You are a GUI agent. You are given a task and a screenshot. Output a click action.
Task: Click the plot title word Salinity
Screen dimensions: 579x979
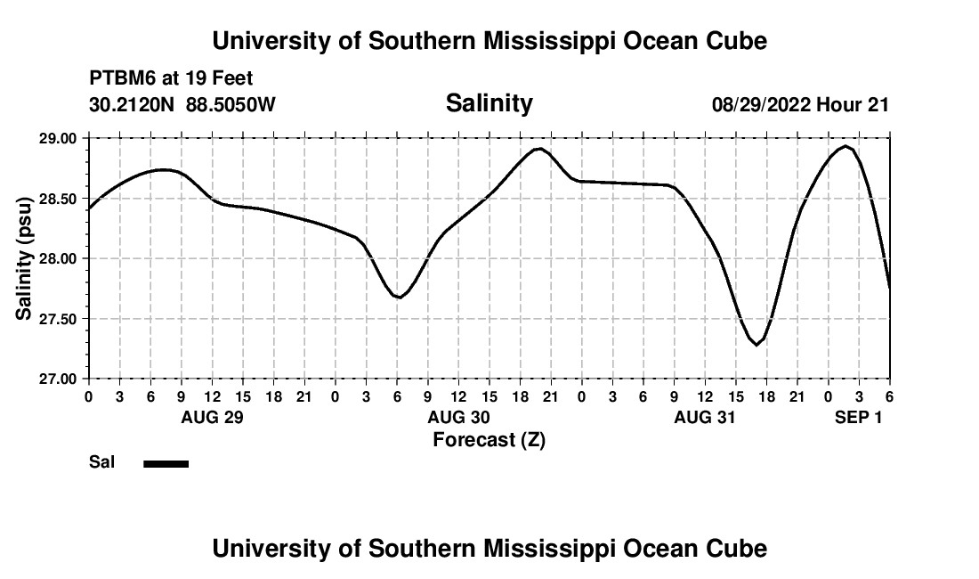[489, 103]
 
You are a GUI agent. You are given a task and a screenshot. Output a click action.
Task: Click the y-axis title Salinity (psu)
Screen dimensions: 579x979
[25, 258]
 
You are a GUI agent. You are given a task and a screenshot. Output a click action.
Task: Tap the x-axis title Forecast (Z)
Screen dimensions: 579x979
[489, 439]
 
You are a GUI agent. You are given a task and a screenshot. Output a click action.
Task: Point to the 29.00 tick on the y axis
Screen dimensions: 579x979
[58, 138]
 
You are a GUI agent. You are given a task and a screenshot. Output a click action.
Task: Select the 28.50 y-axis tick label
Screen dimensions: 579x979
[58, 198]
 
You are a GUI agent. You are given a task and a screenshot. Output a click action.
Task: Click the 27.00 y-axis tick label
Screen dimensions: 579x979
[58, 379]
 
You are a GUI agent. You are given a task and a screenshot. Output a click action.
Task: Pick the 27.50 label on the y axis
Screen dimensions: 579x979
[58, 319]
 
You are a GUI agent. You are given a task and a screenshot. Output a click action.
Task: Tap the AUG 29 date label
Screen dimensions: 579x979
[212, 417]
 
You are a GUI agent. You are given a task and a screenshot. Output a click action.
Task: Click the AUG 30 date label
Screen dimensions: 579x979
[458, 417]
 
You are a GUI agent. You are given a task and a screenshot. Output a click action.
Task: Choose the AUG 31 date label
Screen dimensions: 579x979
[705, 417]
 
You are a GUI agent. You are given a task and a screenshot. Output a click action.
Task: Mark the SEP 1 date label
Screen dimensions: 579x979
[858, 417]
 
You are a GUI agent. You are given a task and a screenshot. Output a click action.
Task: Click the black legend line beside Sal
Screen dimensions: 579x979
[166, 463]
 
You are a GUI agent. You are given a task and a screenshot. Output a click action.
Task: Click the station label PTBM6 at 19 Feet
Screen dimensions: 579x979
[171, 79]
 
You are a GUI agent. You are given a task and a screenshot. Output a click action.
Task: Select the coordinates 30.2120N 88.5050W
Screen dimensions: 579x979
[182, 104]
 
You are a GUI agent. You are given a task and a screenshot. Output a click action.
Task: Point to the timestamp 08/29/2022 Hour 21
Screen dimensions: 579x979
[800, 104]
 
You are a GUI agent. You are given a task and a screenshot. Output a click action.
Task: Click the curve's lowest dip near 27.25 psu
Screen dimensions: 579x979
[757, 345]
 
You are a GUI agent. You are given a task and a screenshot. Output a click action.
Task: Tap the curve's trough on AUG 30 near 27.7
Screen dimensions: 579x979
[400, 298]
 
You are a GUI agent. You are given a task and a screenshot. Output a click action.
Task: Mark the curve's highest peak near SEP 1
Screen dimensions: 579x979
[845, 146]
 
